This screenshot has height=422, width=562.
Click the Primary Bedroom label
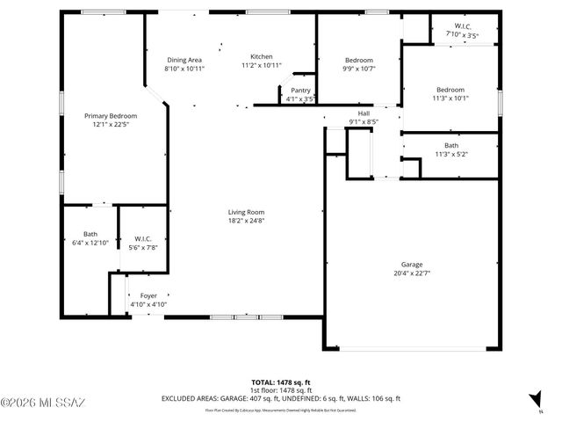(x=111, y=116)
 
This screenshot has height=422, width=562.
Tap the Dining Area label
(x=184, y=60)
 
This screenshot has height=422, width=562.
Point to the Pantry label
(x=300, y=90)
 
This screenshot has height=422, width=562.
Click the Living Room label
(x=246, y=212)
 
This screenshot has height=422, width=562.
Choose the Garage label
(x=412, y=265)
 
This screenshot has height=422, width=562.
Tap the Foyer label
(x=148, y=295)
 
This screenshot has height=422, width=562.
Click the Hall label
(x=364, y=113)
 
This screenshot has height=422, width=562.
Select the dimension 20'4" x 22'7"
(x=412, y=273)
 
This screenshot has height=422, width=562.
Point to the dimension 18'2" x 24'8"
(x=246, y=221)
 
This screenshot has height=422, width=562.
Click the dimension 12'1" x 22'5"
(x=111, y=124)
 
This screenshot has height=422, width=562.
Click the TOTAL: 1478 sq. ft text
(x=281, y=382)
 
